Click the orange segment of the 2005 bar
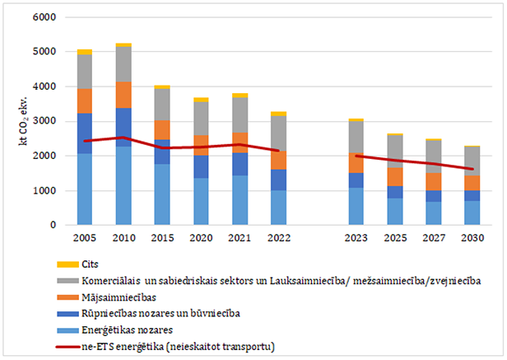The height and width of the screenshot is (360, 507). [85, 101]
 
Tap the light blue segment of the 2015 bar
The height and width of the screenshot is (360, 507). [162, 194]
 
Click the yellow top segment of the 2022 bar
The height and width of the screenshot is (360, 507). [279, 114]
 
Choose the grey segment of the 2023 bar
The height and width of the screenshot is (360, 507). [356, 137]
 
